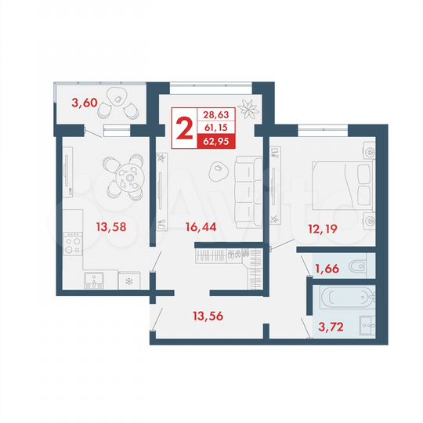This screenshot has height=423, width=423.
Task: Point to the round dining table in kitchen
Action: point(124,177)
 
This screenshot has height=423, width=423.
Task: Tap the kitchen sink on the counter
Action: point(96,280)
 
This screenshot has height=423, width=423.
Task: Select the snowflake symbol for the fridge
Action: point(128,280)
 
